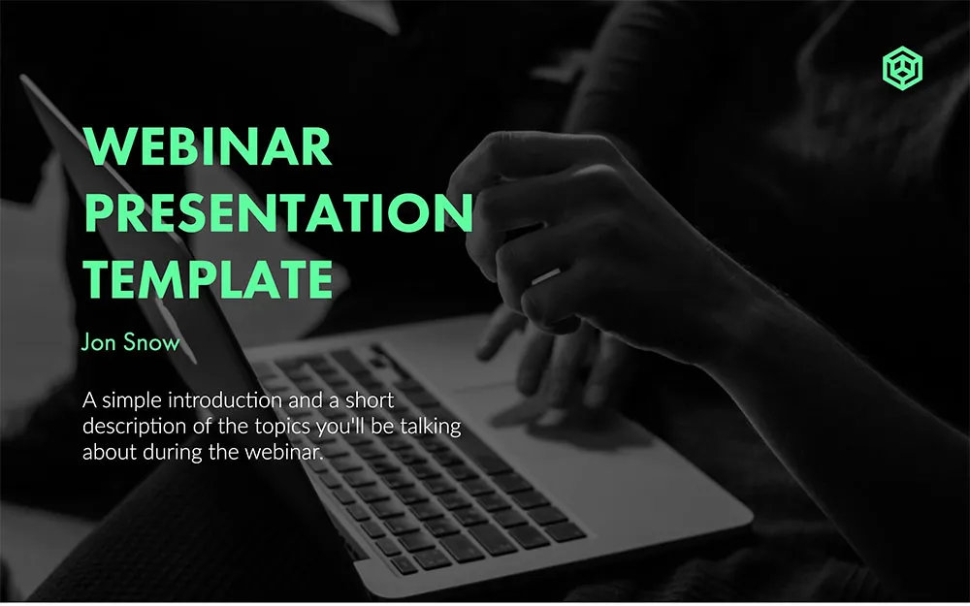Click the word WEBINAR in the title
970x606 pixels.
208,146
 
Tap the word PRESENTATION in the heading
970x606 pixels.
279,212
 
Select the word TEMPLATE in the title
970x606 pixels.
209,279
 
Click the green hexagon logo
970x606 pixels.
902,68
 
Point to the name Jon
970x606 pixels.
99,342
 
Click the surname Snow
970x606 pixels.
151,342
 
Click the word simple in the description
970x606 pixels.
132,401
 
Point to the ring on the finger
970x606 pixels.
545,276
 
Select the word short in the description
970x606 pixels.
370,400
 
